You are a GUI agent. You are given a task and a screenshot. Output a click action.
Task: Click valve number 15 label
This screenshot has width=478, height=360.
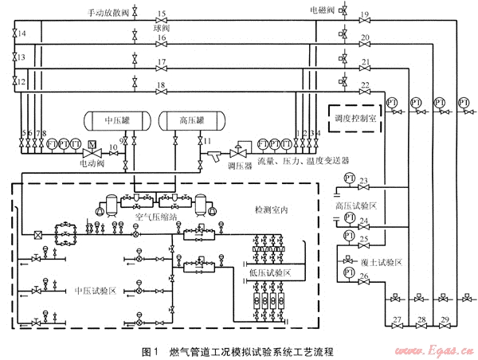161,14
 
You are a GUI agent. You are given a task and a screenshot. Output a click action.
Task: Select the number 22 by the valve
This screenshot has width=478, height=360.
365,84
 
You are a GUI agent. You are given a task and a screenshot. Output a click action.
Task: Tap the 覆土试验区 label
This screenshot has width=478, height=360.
367,261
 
